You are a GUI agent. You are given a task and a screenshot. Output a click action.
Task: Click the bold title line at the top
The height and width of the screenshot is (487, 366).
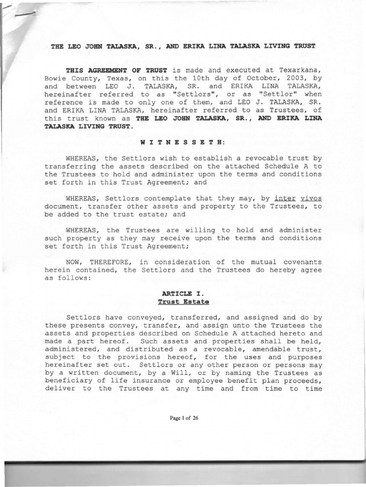(183, 46)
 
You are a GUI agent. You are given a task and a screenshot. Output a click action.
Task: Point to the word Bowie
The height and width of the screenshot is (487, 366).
(56, 78)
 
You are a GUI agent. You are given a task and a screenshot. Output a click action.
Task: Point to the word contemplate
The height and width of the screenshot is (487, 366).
(155, 198)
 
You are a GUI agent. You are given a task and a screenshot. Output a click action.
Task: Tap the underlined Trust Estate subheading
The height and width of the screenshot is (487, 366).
(183, 302)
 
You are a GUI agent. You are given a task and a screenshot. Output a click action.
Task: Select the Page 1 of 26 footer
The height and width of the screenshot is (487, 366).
(183, 418)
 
